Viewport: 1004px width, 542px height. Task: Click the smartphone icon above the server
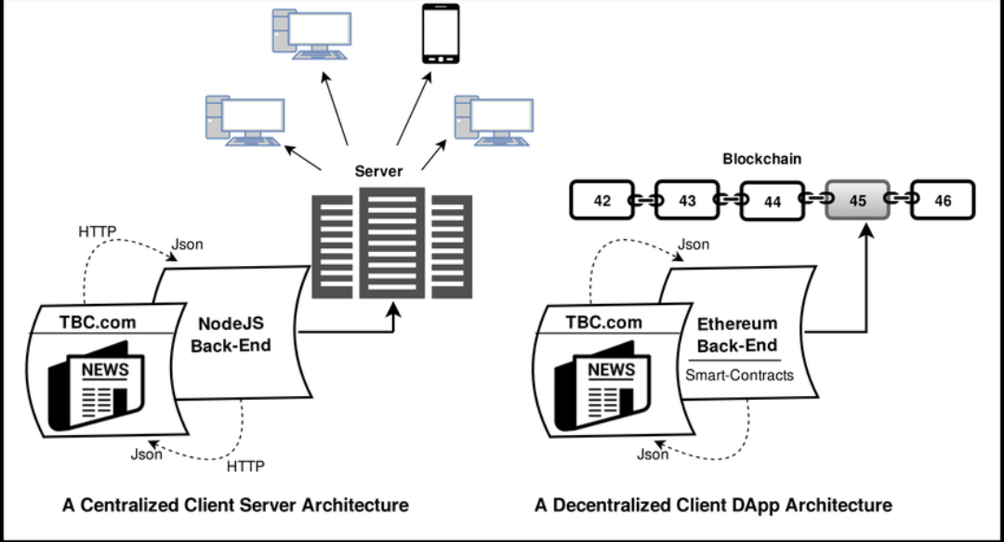point(442,33)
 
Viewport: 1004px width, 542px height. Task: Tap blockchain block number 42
point(602,201)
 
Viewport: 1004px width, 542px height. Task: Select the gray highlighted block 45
point(857,201)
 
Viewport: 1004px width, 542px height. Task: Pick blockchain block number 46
point(943,201)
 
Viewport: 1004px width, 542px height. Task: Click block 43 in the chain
point(687,201)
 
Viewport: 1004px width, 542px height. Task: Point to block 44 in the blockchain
point(772,201)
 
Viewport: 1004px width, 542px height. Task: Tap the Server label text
point(378,172)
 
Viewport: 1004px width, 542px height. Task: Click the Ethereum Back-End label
point(736,336)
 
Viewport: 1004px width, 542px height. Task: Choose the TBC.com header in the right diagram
point(603,323)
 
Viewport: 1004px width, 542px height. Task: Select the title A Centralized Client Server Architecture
point(235,506)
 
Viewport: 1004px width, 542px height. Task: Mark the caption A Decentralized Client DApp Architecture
point(713,506)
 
